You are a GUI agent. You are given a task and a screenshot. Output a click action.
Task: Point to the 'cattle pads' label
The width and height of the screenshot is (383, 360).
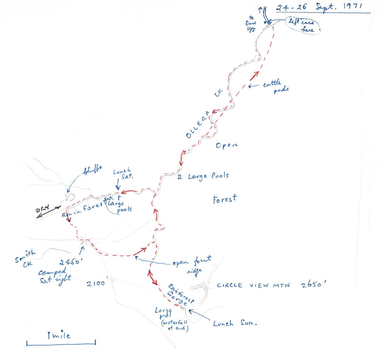277,87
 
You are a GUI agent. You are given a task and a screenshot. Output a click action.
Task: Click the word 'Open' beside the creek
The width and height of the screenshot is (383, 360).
226,145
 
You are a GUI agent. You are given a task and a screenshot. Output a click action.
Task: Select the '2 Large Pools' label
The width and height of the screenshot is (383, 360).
203,176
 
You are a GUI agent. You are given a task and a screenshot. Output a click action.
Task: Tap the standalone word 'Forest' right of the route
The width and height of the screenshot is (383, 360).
225,199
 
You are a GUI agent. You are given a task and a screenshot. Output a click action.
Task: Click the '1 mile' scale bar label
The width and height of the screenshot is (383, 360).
59,335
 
